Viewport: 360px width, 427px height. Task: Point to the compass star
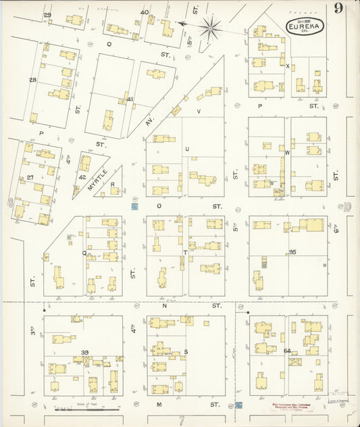click(x=210, y=28)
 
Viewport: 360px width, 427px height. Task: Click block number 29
click(x=47, y=15)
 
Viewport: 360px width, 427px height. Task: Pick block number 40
click(x=145, y=12)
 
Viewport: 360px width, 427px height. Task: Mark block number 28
click(x=32, y=80)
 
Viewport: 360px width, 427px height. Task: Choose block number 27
click(x=30, y=178)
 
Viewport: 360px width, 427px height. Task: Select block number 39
click(x=84, y=353)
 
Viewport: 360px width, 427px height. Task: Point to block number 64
click(x=287, y=351)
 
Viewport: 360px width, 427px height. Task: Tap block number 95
click(x=292, y=252)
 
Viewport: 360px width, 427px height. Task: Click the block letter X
click(x=287, y=66)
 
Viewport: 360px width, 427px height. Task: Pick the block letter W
click(x=287, y=153)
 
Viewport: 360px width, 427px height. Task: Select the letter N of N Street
click(x=165, y=306)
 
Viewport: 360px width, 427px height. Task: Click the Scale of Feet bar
click(x=87, y=409)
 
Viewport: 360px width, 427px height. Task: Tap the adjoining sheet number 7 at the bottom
click(x=181, y=420)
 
